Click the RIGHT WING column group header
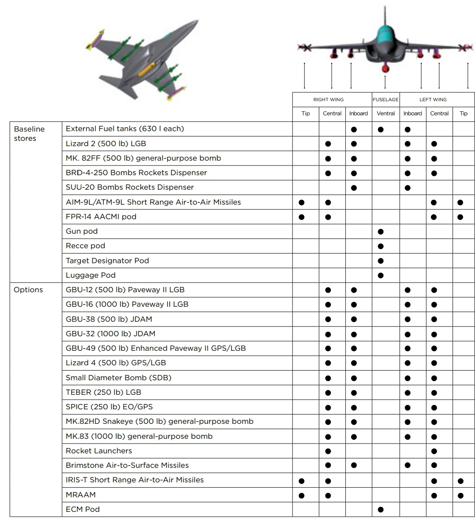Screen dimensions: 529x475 click(x=329, y=99)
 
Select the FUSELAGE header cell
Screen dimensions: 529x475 click(x=385, y=99)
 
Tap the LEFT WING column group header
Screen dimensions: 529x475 click(x=433, y=99)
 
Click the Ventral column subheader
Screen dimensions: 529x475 click(x=385, y=114)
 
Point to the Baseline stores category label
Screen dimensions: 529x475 click(x=29, y=133)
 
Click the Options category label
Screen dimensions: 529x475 click(x=28, y=290)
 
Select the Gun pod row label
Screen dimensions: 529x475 click(x=82, y=231)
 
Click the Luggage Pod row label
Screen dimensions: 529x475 click(x=91, y=275)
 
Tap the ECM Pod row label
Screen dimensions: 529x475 click(x=83, y=509)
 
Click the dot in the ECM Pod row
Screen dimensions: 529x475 click(x=381, y=510)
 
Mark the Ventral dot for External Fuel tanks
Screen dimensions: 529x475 click(x=381, y=130)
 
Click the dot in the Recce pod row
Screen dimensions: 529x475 click(x=381, y=246)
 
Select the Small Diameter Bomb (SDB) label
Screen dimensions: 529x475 click(x=118, y=378)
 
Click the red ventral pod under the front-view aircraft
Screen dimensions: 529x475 click(x=386, y=67)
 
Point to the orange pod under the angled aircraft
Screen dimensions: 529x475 click(x=145, y=70)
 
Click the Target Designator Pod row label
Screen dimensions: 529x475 click(x=107, y=261)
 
